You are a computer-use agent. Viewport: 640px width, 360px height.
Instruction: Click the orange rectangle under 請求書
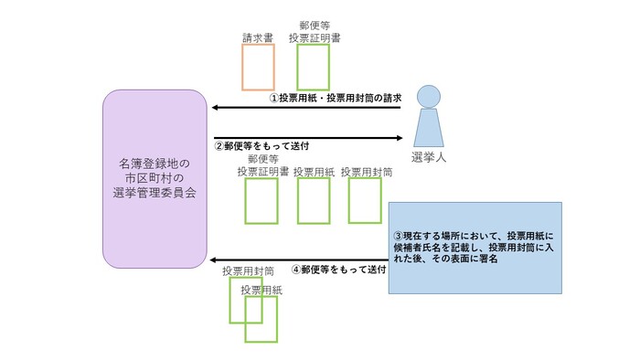click(x=258, y=67)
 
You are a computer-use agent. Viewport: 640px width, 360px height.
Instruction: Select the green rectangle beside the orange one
click(x=313, y=67)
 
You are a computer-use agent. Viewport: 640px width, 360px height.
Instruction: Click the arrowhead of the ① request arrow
click(x=217, y=108)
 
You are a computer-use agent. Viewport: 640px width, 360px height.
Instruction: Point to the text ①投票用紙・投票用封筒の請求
click(x=335, y=98)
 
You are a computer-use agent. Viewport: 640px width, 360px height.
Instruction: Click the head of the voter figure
click(x=429, y=94)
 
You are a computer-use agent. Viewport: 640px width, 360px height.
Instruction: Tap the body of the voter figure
click(x=429, y=127)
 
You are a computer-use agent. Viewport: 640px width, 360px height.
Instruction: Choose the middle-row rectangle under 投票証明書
click(x=261, y=201)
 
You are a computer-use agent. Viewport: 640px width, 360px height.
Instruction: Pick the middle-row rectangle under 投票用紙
click(x=314, y=201)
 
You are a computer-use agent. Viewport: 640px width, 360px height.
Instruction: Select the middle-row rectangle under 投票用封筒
click(x=365, y=200)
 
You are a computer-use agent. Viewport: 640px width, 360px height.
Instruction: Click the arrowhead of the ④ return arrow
click(x=217, y=259)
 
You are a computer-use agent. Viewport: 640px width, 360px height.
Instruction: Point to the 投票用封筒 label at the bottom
click(x=248, y=271)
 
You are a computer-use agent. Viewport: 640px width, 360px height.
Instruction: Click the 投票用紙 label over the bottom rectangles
click(x=261, y=290)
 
